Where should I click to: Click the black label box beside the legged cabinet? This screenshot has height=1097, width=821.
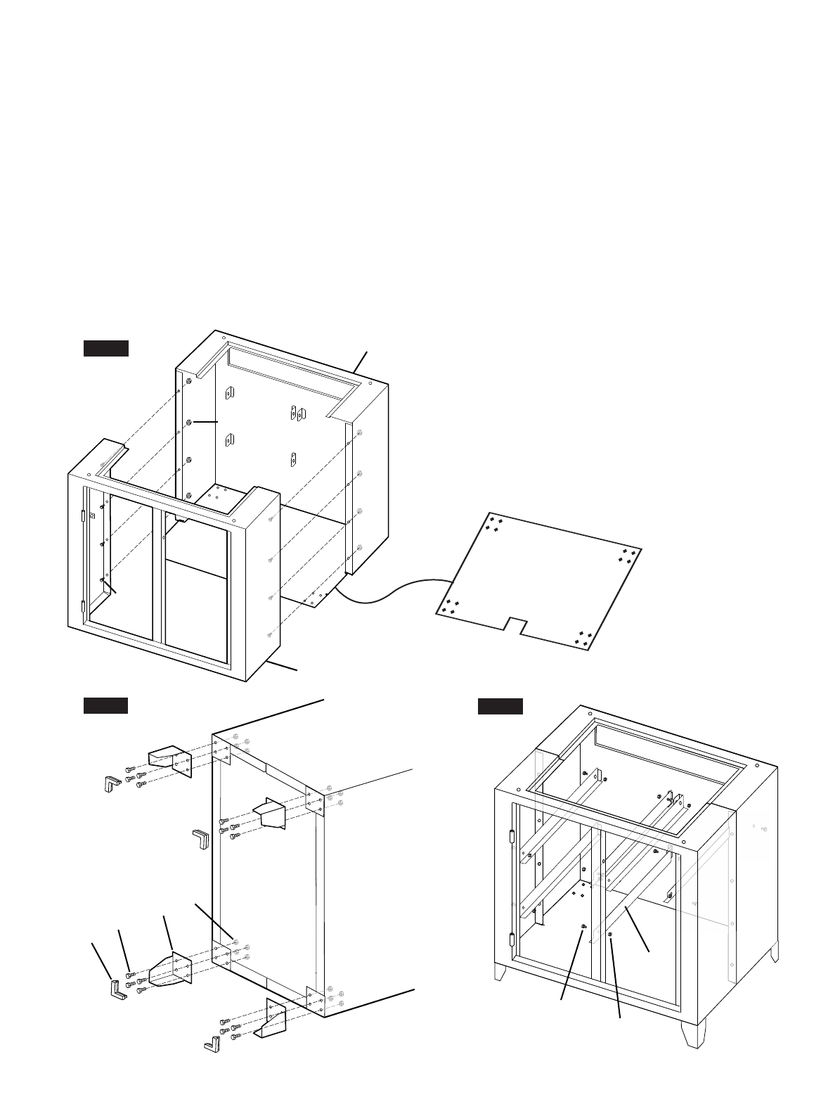tap(500, 706)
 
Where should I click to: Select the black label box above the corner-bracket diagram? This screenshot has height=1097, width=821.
tap(105, 706)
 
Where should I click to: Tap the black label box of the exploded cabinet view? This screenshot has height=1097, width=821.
tap(105, 348)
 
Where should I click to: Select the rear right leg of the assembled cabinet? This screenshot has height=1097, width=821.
tap(774, 953)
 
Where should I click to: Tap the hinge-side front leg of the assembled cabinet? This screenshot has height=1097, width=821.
tap(502, 973)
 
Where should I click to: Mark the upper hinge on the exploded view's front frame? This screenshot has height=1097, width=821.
tap(83, 515)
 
